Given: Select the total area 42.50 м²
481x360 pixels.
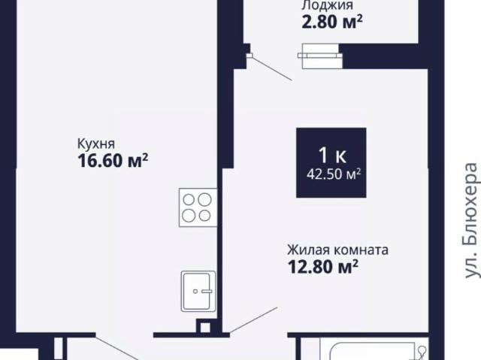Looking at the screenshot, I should pos(331,174).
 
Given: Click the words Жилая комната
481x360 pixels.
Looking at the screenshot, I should pos(337,250).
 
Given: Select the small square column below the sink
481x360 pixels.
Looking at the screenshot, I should pos(203,326).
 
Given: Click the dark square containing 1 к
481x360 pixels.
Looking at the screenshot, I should pos(331,162).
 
